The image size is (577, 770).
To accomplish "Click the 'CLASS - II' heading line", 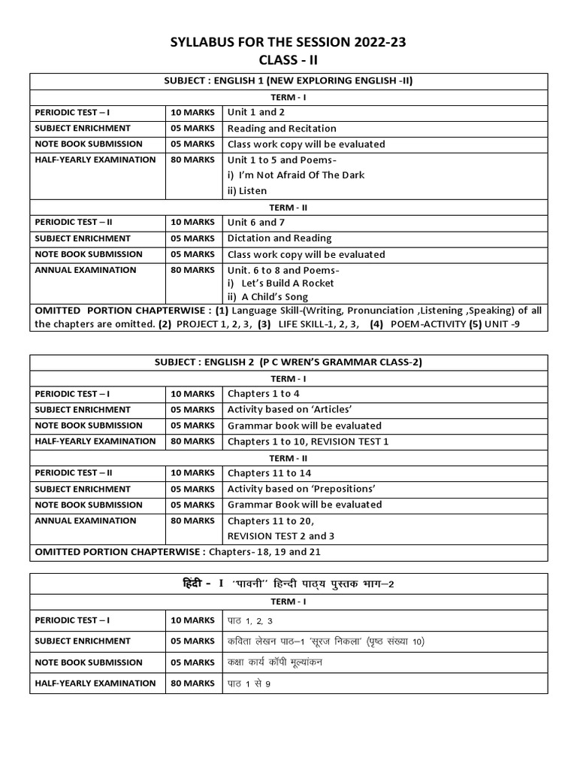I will tap(288, 62).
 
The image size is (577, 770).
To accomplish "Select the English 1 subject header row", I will tap(288, 81).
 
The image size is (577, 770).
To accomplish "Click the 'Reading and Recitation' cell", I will tap(282, 129).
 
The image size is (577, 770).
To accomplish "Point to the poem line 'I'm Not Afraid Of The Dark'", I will tap(296, 175).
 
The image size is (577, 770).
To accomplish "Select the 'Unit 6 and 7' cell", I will tap(256, 223).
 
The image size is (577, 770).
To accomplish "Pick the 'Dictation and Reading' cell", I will tap(279, 238).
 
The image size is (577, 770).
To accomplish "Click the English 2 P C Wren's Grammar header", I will tap(288, 362).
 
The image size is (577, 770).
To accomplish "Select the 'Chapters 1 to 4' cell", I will tap(264, 393).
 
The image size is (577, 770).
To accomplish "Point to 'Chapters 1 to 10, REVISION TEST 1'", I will tap(308, 441).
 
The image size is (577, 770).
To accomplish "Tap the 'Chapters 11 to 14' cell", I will tap(269, 473).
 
